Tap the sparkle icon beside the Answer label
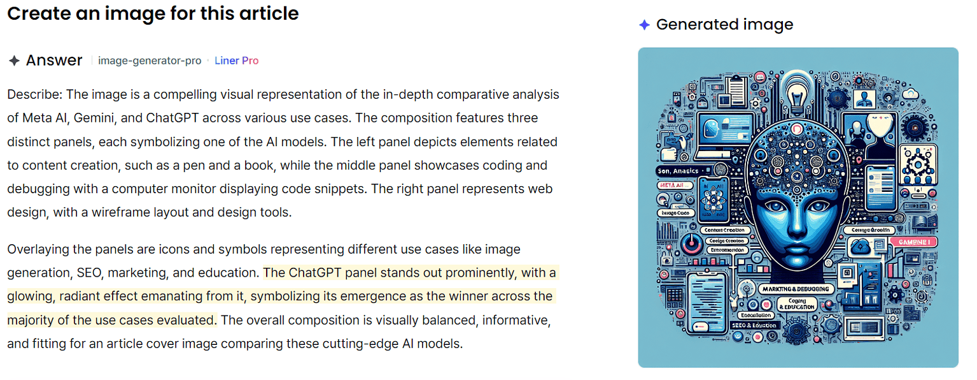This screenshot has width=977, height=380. [14, 61]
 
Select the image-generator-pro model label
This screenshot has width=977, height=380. [150, 61]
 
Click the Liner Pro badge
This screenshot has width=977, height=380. [236, 61]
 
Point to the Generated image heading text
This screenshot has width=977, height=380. [724, 24]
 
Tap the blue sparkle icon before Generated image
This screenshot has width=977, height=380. [644, 25]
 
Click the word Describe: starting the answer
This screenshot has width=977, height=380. [34, 94]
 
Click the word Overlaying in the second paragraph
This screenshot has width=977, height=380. [38, 249]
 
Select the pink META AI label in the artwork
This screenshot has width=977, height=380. [673, 184]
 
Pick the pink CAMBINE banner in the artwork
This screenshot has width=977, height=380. [911, 243]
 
